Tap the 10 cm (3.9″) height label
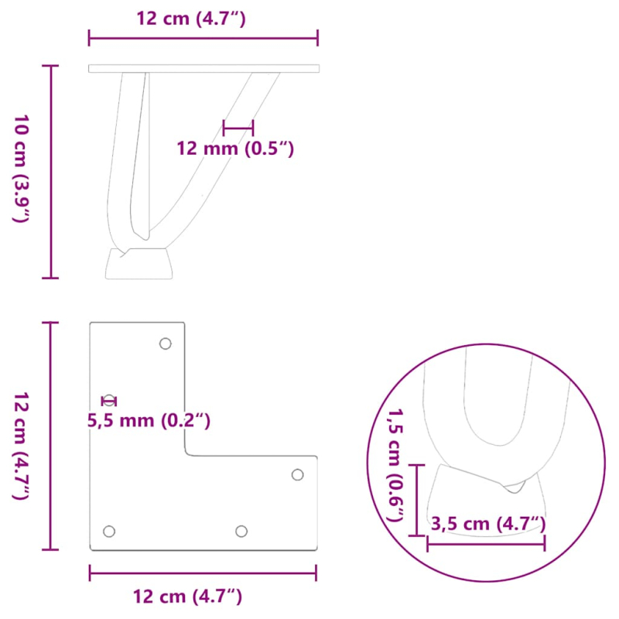tap(21, 169)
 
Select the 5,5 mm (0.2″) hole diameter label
tap(149, 421)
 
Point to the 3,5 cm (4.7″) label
tap(487, 524)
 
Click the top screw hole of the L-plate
tap(165, 344)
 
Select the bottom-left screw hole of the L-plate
tap(109, 532)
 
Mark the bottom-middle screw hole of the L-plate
tap(241, 531)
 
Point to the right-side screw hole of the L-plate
tap(298, 474)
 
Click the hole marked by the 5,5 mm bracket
tap(110, 400)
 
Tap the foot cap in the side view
tap(139, 263)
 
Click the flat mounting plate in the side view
tap(203, 69)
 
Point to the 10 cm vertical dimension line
tap(53, 171)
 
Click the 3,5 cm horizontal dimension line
tap(486, 543)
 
